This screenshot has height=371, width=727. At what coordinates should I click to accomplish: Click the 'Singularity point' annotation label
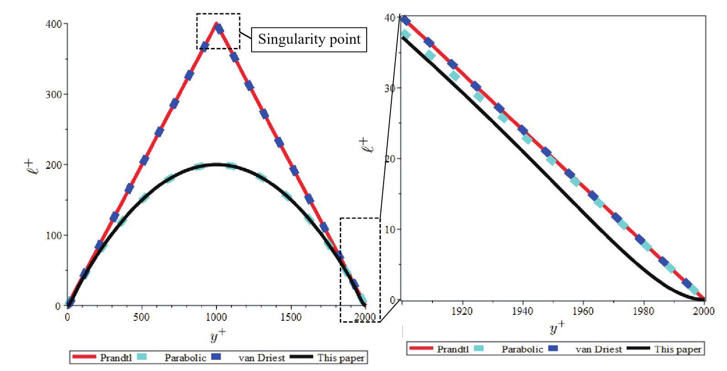[309, 39]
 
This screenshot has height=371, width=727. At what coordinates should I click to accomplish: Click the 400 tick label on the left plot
[53, 24]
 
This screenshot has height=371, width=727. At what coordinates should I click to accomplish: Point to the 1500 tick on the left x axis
[291, 317]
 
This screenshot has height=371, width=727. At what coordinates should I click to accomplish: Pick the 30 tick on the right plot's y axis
[390, 88]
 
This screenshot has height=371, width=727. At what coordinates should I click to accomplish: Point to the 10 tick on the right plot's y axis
[390, 229]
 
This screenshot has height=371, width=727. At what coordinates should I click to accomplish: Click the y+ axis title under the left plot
[218, 336]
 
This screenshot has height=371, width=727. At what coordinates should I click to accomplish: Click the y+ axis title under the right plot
[556, 327]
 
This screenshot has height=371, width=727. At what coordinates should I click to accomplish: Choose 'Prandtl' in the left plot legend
[116, 358]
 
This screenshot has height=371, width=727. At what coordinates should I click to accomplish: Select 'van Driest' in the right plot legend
[599, 350]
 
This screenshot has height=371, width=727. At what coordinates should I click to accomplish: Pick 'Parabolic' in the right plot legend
[522, 350]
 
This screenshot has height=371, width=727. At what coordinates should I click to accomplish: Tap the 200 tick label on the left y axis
[53, 165]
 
